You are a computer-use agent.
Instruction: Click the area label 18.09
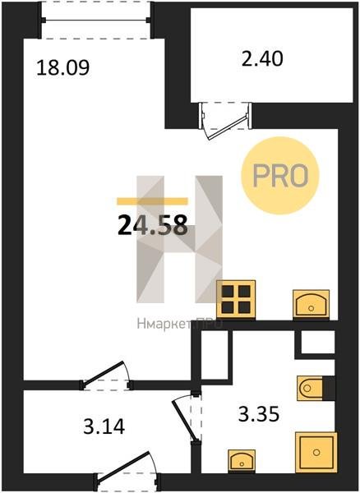[63, 68]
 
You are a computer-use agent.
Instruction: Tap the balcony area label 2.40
[262, 58]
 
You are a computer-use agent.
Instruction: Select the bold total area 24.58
[153, 225]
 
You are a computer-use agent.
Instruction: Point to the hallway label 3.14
[104, 426]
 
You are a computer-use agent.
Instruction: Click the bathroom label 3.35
[259, 414]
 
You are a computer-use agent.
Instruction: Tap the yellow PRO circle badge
[280, 176]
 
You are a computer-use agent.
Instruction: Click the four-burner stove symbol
[236, 299]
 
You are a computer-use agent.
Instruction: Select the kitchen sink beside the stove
[311, 304]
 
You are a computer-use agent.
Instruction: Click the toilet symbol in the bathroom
[310, 388]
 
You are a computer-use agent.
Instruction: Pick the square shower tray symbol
[316, 452]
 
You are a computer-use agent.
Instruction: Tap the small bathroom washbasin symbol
[242, 460]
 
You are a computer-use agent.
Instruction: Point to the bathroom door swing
[187, 417]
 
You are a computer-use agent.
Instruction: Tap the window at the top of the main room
[95, 20]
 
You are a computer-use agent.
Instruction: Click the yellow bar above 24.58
[153, 201]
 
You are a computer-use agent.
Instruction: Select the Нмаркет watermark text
[179, 324]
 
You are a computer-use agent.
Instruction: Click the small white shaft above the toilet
[317, 342]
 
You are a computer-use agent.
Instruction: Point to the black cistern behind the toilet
[329, 388]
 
